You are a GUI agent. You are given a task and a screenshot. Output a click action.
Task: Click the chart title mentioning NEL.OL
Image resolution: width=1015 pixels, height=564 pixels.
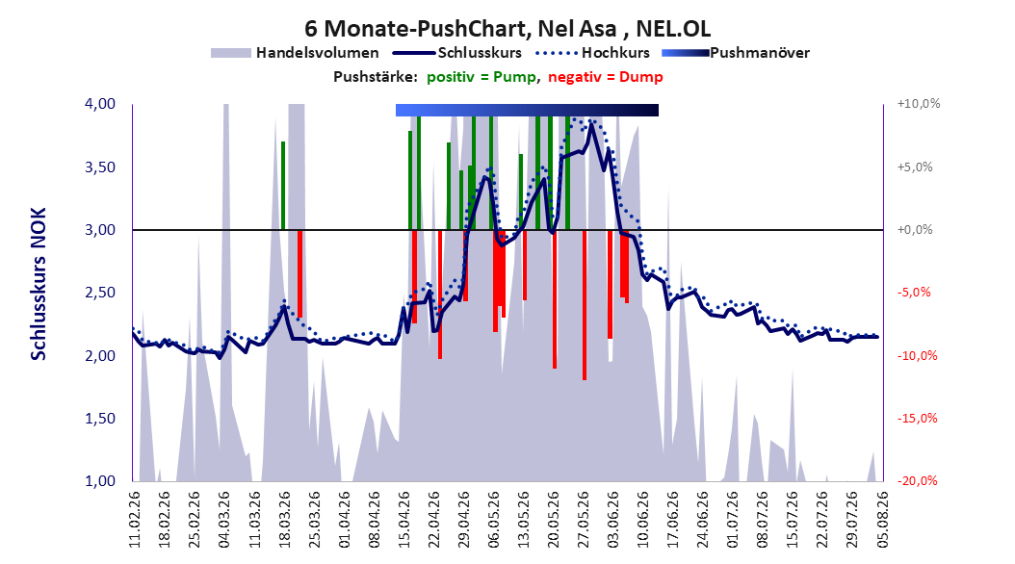tap(507, 29)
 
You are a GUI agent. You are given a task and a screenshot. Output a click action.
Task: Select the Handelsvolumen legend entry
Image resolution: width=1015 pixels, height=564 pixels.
tap(296, 53)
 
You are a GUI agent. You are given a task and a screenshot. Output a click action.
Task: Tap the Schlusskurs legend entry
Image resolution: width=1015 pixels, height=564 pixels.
tap(457, 53)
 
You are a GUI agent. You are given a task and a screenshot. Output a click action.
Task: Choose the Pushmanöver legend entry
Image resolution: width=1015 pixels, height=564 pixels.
tap(736, 53)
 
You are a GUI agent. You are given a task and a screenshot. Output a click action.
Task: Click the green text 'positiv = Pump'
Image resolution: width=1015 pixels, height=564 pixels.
tap(481, 77)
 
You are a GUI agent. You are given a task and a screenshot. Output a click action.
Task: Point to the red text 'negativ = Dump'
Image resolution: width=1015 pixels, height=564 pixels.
tap(606, 77)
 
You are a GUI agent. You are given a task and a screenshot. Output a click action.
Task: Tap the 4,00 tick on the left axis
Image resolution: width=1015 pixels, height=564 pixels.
tap(100, 104)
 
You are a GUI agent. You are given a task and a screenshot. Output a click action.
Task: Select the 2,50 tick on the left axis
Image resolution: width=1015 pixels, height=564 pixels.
tap(100, 293)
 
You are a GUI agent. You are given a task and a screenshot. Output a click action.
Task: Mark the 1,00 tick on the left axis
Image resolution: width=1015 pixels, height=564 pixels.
tap(100, 481)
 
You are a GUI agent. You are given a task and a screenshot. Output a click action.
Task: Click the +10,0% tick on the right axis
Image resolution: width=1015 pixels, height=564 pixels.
tap(919, 104)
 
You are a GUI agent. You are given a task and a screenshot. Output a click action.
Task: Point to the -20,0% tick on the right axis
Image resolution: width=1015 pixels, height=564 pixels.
tap(917, 481)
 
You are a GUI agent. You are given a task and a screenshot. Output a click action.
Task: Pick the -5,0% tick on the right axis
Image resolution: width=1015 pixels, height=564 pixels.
tap(914, 293)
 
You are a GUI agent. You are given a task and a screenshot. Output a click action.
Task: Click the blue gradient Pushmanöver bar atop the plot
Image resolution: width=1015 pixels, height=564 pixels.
tap(527, 110)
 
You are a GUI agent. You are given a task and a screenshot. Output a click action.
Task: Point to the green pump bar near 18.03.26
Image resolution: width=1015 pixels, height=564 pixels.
tap(283, 186)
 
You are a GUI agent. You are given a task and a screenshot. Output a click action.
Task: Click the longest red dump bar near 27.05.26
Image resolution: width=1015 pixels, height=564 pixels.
tap(585, 305)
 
